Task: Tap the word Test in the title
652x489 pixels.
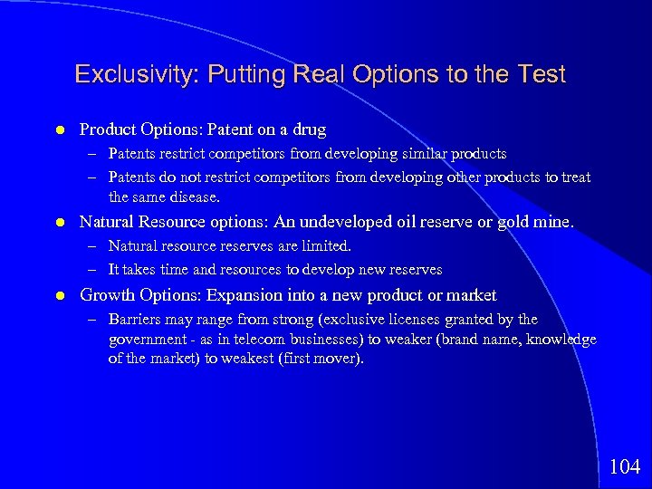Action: point(542,74)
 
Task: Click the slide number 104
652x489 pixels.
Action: point(625,467)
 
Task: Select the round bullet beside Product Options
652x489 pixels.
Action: point(59,130)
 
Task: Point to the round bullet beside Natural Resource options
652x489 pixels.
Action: point(59,222)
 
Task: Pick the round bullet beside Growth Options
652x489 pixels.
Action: point(59,296)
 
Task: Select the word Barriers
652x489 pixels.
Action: point(133,319)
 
